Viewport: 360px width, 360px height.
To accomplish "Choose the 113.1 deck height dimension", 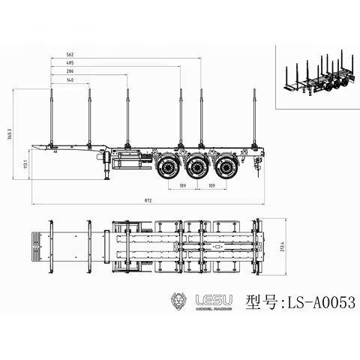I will [25, 163].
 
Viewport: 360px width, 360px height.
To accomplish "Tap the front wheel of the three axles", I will [169, 166].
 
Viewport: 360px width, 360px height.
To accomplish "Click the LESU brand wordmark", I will [214, 300].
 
